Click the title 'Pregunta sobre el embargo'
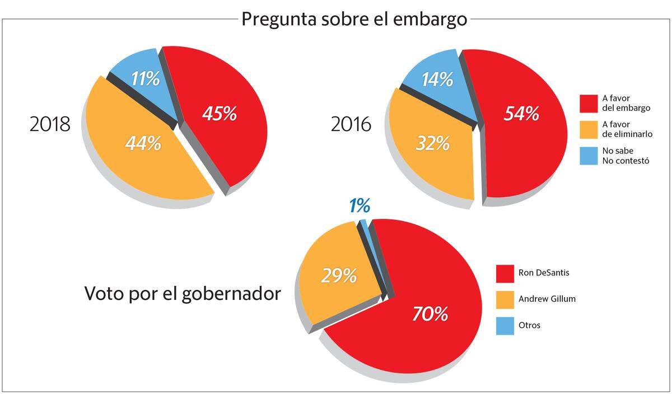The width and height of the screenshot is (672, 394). [x=354, y=20]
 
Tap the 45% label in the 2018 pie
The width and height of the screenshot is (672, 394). [x=220, y=114]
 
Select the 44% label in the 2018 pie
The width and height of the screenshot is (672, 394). [x=143, y=144]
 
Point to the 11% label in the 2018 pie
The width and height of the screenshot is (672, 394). [x=145, y=79]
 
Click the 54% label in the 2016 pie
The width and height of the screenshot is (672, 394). [x=521, y=114]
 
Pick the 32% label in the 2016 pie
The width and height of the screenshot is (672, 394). [x=432, y=144]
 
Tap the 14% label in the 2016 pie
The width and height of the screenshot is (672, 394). [x=437, y=79]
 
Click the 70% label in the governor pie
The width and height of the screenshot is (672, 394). [x=430, y=314]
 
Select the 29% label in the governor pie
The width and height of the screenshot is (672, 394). [x=339, y=275]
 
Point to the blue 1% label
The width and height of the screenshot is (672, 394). [x=360, y=207]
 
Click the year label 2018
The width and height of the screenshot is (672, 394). [x=50, y=124]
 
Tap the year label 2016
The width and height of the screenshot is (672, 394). [x=351, y=124]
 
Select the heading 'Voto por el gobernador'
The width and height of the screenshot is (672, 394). [x=183, y=293]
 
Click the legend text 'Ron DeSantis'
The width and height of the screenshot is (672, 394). [x=544, y=273]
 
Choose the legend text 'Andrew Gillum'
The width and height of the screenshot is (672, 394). [x=547, y=299]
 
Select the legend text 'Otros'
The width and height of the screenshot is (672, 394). [x=529, y=325]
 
